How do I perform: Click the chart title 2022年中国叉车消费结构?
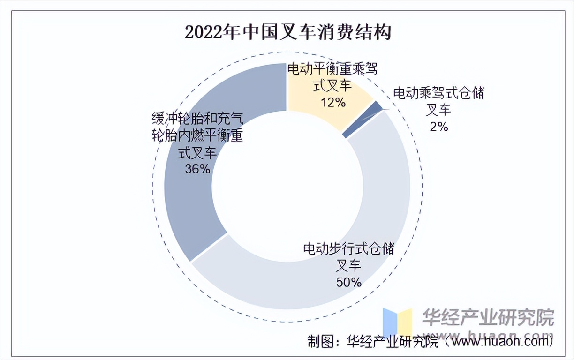287,33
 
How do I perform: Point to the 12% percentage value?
333,102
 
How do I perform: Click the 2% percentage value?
438,126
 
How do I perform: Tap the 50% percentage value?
348,282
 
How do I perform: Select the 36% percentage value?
197,169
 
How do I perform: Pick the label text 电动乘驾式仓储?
438,93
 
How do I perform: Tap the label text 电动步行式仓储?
348,248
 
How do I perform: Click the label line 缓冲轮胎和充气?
197,118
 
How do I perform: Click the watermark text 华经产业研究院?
488,318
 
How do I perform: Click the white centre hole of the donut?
287,185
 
